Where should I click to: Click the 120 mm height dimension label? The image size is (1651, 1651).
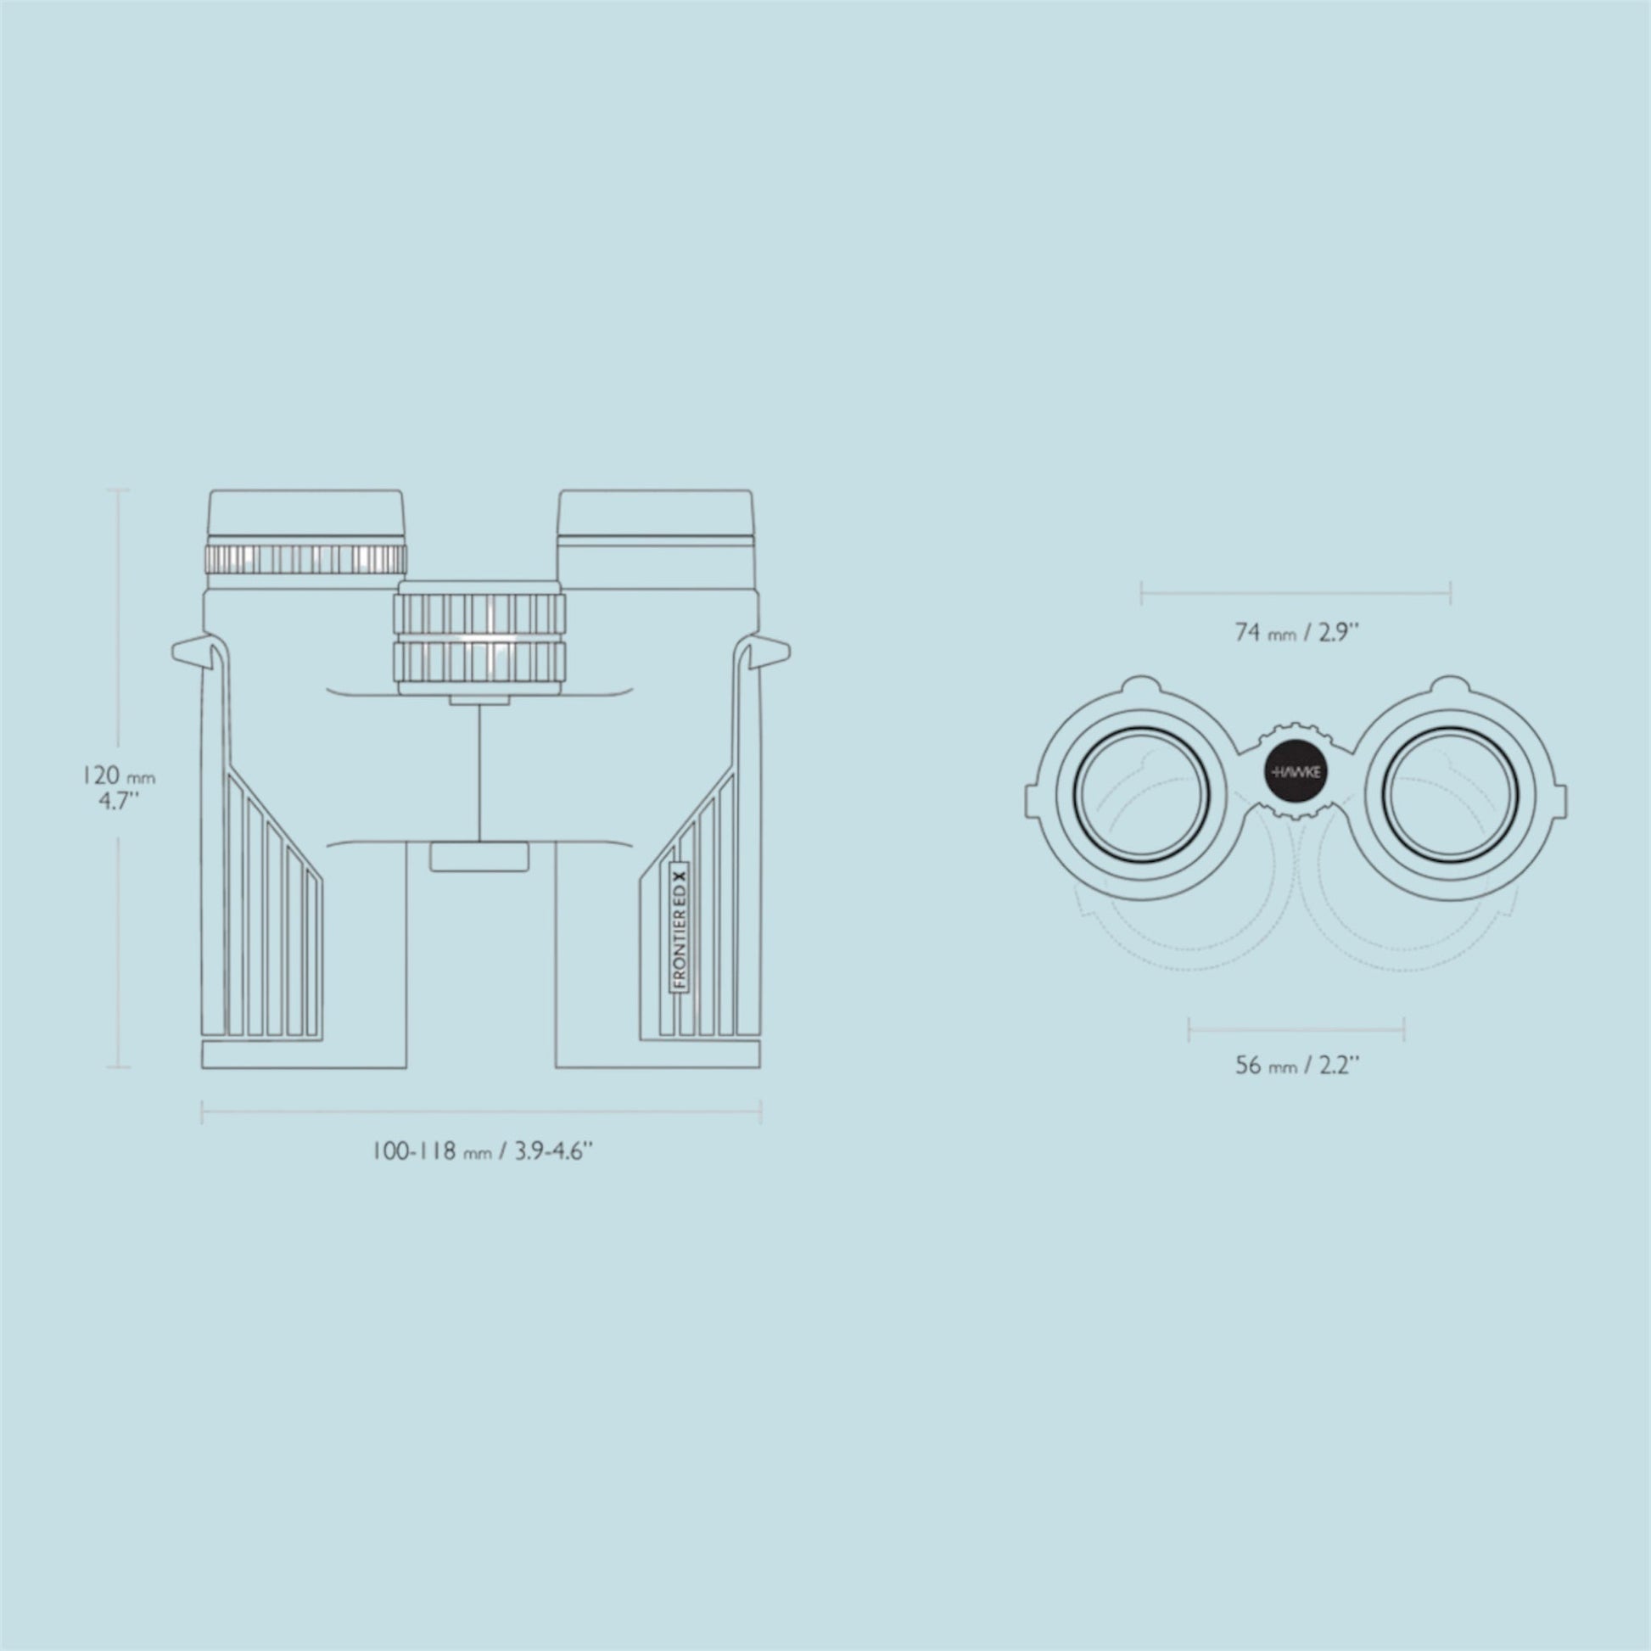119,789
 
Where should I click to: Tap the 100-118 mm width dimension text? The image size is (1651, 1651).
482,1150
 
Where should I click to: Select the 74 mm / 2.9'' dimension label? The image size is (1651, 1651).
1296,632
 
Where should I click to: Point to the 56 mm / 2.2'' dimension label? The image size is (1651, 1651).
1296,1066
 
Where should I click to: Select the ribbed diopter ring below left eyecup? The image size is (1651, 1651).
305,559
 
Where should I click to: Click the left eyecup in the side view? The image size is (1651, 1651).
306,515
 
